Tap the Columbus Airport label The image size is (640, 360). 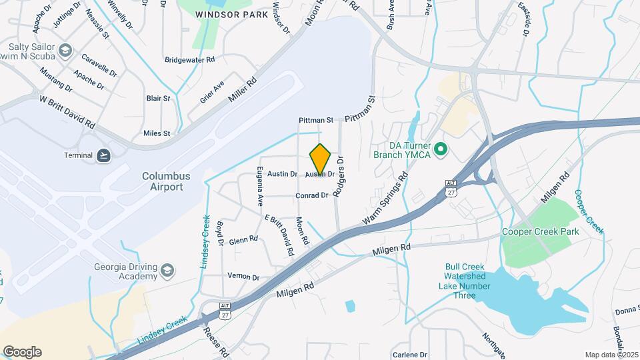tap(166, 181)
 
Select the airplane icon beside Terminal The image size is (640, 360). tap(103, 155)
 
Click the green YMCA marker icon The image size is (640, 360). tap(440, 149)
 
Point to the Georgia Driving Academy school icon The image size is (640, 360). tap(167, 270)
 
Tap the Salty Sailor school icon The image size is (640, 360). tap(65, 51)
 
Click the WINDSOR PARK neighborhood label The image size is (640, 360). tap(225, 13)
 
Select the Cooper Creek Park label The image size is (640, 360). tap(541, 231)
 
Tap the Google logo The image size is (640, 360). tap(22, 352)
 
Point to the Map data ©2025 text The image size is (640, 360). tap(612, 355)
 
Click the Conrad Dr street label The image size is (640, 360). tap(312, 196)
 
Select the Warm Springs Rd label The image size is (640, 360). tap(385, 200)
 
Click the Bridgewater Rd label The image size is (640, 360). tap(190, 59)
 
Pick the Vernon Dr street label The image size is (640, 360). tap(243, 277)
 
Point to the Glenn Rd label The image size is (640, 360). tap(243, 239)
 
